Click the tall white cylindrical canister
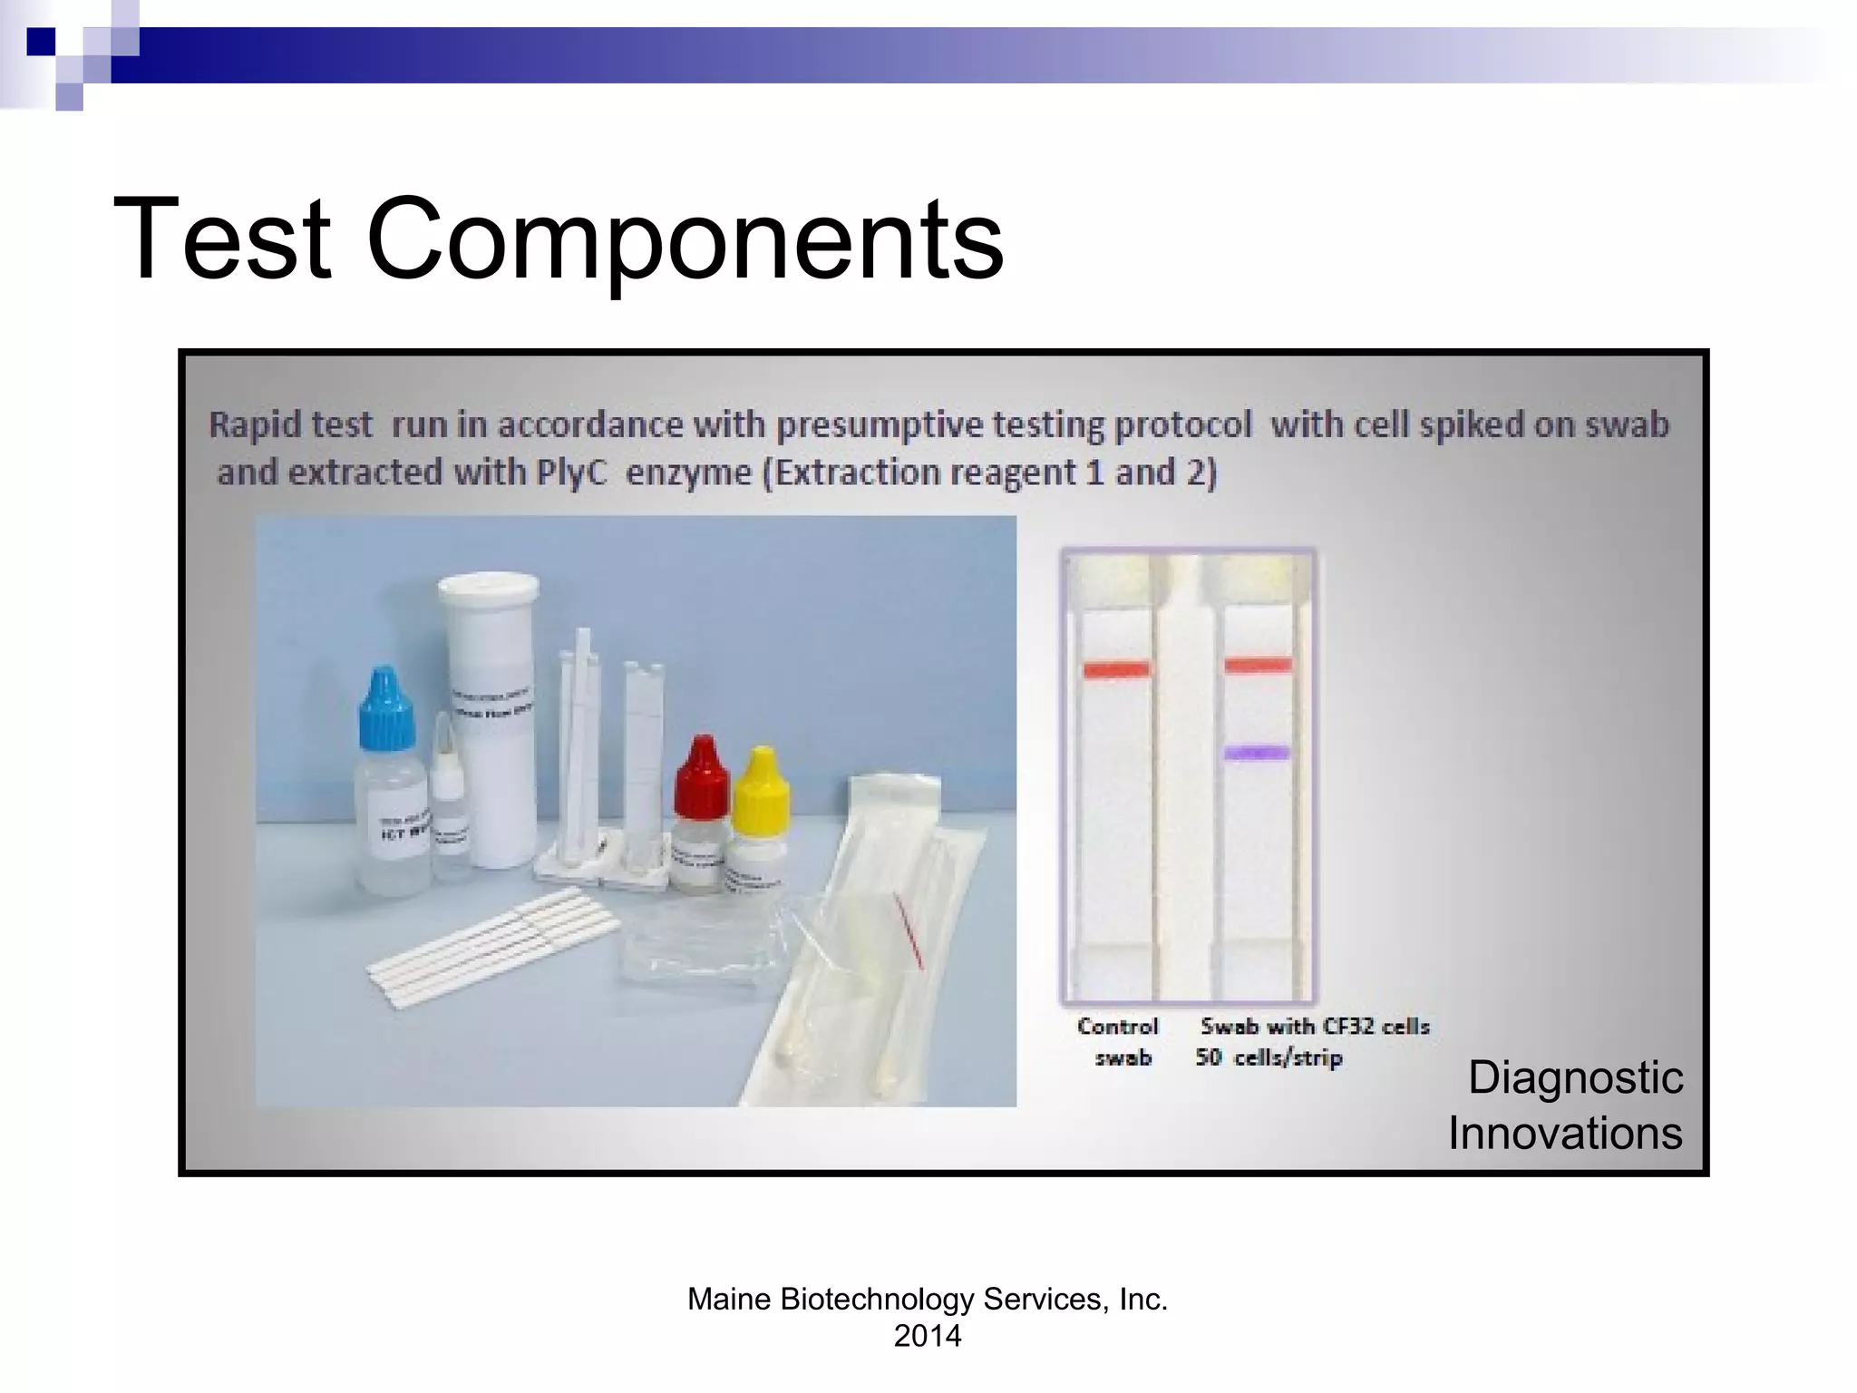[x=488, y=716]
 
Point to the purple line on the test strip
[x=1257, y=752]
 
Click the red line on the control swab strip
[x=1116, y=670]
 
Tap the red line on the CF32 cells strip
[x=1258, y=666]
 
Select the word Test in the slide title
[x=222, y=239]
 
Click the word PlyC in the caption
[x=570, y=472]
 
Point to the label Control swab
[x=1118, y=1041]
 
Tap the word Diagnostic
[x=1575, y=1077]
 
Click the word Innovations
[x=1565, y=1133]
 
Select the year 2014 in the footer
[x=927, y=1336]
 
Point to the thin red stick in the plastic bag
[x=908, y=930]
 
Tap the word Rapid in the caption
[x=249, y=424]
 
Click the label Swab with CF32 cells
[x=1315, y=1027]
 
